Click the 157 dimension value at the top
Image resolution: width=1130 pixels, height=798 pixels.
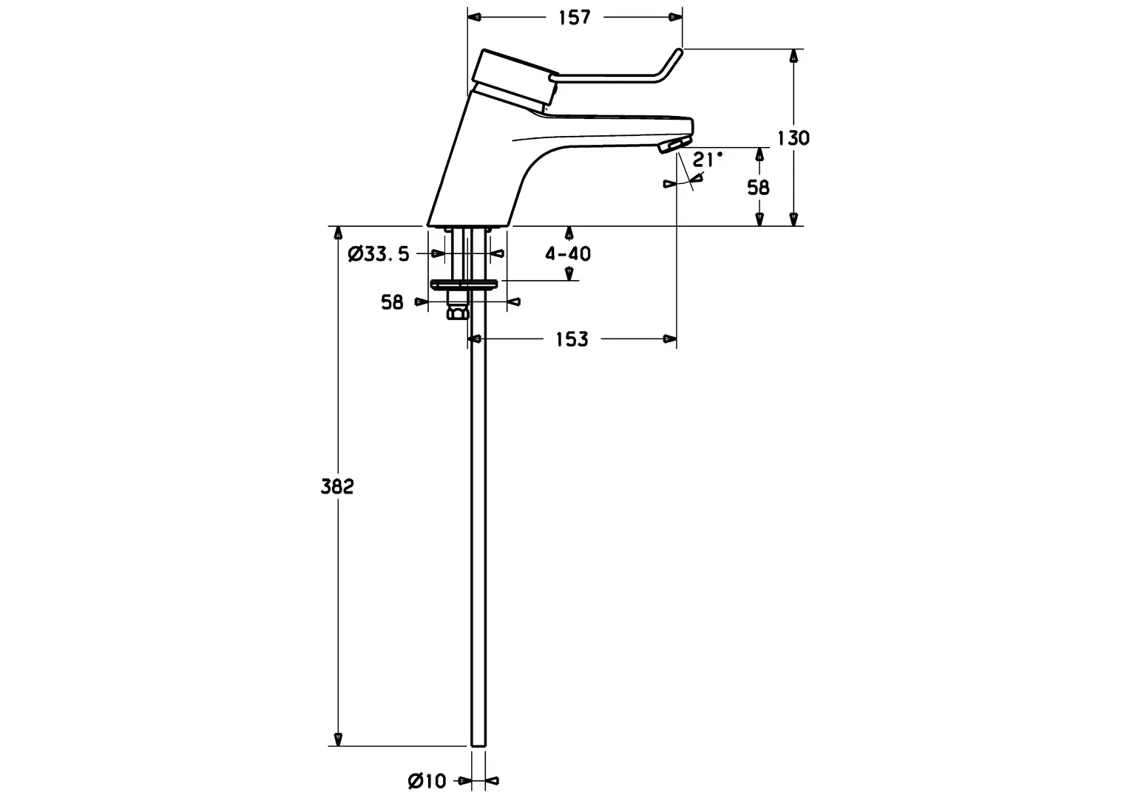[574, 18]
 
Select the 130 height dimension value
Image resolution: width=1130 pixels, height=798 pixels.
[793, 137]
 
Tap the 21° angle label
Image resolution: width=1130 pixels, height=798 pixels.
[707, 160]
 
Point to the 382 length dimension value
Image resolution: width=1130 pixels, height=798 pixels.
[337, 486]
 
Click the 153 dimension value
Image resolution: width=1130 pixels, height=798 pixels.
[572, 339]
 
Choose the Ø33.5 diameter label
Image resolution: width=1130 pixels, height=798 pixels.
[379, 254]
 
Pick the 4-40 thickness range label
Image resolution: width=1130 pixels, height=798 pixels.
[567, 253]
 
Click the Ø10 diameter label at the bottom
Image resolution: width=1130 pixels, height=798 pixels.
[427, 781]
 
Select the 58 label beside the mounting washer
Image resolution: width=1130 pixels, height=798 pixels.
[392, 302]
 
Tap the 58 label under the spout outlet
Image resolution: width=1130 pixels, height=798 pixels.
[758, 188]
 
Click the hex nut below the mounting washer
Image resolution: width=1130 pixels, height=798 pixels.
[458, 313]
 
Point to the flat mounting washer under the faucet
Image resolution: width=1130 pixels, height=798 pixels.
[464, 284]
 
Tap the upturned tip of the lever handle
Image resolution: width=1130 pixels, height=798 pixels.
[679, 52]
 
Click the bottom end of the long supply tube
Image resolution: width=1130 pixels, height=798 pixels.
[478, 745]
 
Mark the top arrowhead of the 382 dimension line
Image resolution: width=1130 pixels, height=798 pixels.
[338, 233]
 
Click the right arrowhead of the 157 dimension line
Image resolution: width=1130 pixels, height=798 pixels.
[676, 17]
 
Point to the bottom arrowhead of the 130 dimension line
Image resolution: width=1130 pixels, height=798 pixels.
[794, 219]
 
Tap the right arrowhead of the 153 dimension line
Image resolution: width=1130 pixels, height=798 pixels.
[670, 338]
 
